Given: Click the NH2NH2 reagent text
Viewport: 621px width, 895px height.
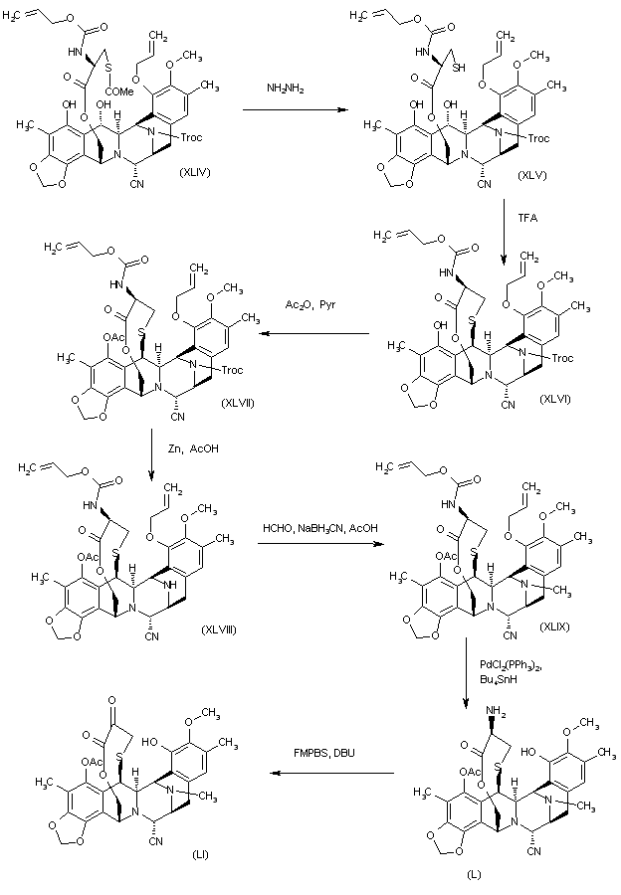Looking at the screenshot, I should click(x=285, y=89).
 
